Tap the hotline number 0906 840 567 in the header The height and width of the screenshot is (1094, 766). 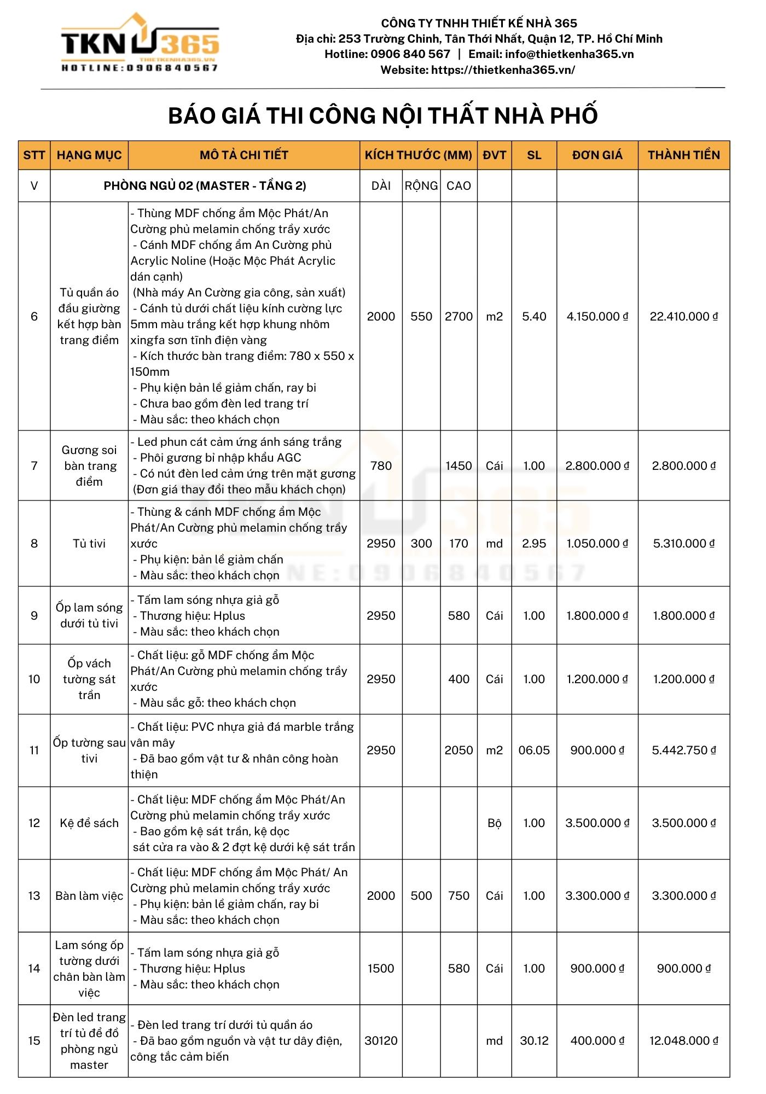pos(410,54)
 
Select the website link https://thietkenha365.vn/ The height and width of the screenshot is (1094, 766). pos(503,70)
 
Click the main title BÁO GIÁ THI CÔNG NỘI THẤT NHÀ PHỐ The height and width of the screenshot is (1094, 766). pos(382,115)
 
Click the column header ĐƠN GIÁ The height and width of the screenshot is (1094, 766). pos(597,155)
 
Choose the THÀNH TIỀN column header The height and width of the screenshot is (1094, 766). pos(683,155)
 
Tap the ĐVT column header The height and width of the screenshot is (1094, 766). pos(494,155)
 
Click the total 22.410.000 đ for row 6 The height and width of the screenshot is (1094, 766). pos(683,317)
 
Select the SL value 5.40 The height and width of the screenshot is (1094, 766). pos(534,317)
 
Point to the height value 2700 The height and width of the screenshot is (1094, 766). pos(459,317)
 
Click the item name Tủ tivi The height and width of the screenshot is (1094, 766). pos(89,544)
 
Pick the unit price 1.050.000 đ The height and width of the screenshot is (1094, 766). pos(597,544)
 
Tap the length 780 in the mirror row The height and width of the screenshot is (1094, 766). pos(381,466)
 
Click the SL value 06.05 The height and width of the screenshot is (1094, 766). pos(534,750)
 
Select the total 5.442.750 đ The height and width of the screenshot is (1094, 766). pos(683,750)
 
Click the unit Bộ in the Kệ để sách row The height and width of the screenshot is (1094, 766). pos(494,823)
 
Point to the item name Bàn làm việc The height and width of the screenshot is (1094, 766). pos(89,896)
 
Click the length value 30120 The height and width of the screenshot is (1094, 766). pos(381,1041)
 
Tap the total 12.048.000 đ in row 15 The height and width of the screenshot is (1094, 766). pos(683,1041)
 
